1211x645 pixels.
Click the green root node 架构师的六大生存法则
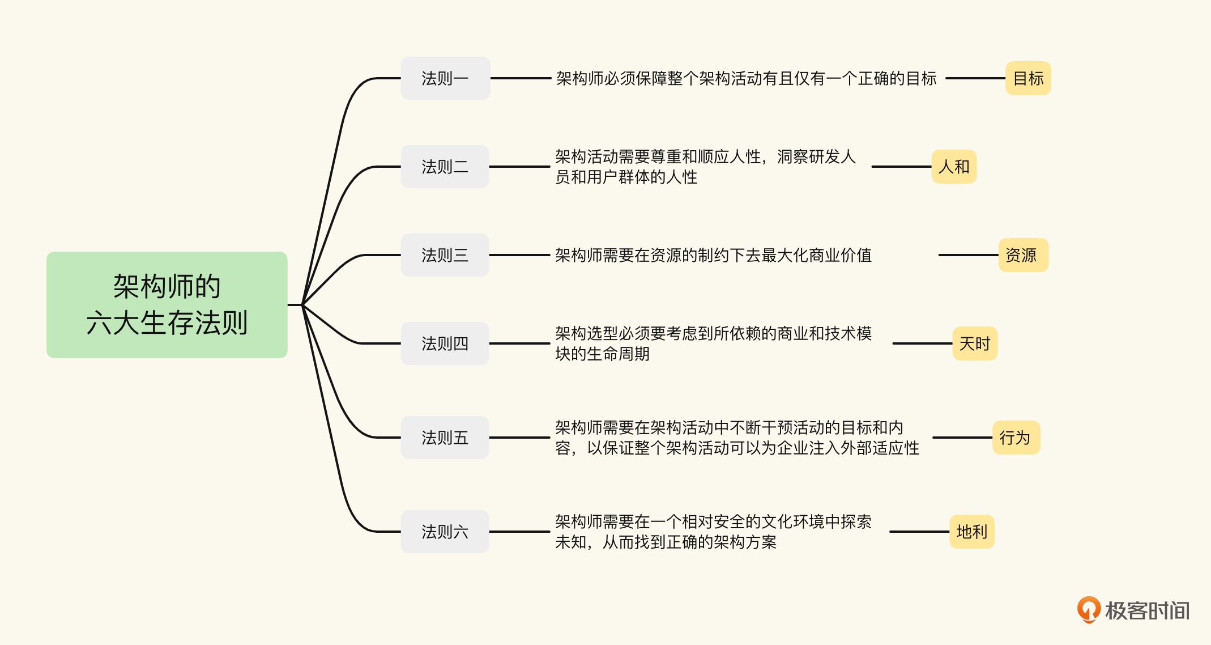tap(167, 304)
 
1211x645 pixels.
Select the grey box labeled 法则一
tap(445, 78)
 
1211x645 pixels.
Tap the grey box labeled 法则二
tap(445, 167)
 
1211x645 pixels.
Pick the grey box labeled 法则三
tap(445, 255)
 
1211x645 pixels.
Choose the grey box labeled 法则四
tap(445, 343)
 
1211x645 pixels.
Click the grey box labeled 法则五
tap(445, 438)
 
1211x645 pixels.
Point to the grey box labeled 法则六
tap(445, 532)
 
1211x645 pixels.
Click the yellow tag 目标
tap(1028, 78)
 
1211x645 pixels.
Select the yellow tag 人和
tap(954, 167)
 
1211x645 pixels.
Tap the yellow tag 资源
tap(1023, 255)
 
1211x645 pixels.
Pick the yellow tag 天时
tap(974, 343)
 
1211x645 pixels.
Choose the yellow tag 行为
tap(1016, 438)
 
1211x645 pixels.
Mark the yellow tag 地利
tap(971, 532)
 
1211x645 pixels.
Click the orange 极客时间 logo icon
tap(1088, 609)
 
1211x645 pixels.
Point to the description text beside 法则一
tap(746, 78)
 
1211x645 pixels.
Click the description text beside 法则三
tap(713, 255)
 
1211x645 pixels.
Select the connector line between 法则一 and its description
tap(520, 78)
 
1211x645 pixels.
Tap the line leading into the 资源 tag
tap(967, 255)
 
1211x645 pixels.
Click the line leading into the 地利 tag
tap(919, 532)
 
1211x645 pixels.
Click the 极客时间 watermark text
tap(1147, 611)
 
